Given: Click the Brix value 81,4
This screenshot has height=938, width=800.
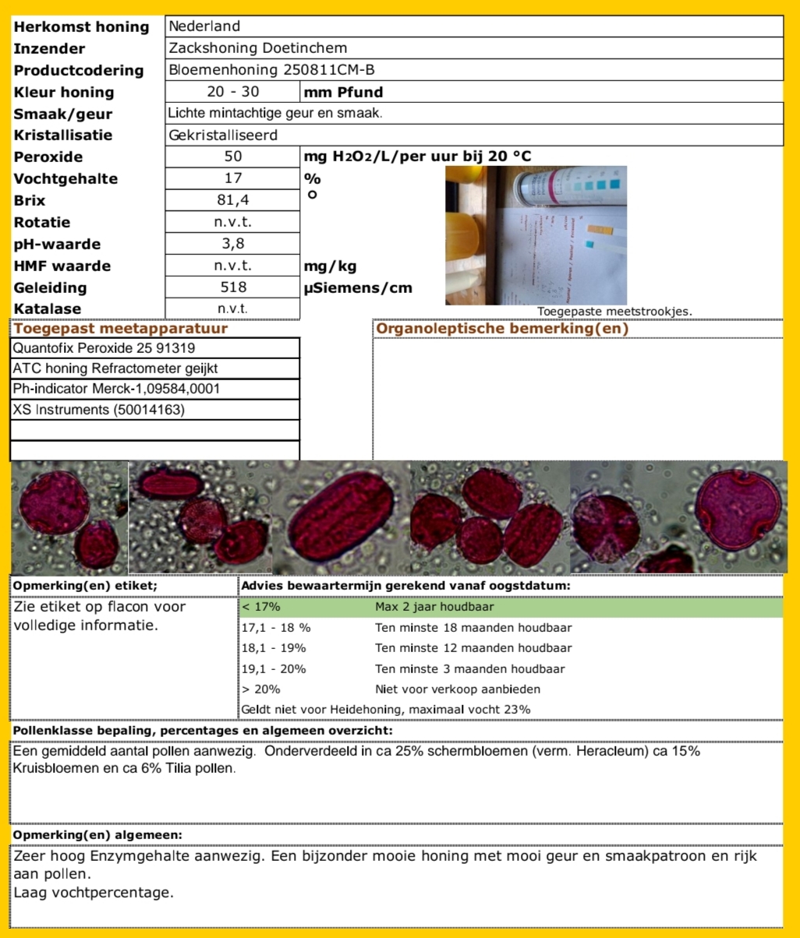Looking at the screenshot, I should tap(232, 200).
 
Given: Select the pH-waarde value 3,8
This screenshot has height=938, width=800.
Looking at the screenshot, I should tap(232, 244).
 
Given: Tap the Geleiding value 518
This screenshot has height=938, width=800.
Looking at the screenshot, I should tap(232, 287).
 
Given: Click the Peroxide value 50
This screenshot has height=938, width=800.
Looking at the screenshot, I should tap(232, 157).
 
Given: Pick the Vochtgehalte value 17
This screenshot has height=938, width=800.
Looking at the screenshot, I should tap(232, 178).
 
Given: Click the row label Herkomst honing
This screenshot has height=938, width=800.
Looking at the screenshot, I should tap(82, 26).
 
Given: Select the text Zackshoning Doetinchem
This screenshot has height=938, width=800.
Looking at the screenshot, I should tap(258, 48).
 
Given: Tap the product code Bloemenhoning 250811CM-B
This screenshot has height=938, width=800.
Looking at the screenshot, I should tap(272, 70).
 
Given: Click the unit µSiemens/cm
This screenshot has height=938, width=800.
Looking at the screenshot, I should tap(358, 288).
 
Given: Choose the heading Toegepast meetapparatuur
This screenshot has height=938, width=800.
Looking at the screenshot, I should tap(120, 329).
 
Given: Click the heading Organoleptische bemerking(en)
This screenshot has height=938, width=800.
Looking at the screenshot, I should tap(502, 329).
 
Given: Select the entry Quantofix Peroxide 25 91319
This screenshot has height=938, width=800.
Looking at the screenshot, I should tap(93, 347).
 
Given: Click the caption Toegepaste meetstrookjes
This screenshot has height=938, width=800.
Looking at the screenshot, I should tap(614, 312).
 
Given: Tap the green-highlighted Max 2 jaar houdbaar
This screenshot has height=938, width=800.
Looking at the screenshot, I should tap(434, 607).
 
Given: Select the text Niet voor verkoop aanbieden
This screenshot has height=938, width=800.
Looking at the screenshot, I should tap(457, 689).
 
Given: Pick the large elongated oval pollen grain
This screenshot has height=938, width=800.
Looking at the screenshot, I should tap(343, 517).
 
